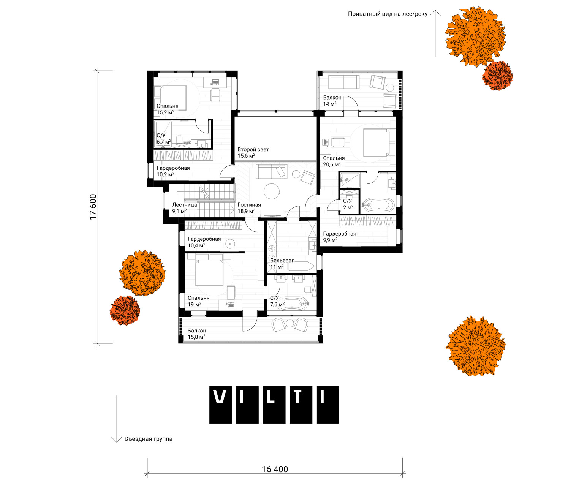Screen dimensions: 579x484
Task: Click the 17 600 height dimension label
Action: point(93,207)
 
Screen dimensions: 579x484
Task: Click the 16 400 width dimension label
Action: point(275,469)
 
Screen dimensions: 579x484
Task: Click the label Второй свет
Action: point(253,150)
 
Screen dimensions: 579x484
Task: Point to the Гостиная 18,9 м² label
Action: point(249,208)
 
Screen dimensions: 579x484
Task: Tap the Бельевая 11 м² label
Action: point(282,264)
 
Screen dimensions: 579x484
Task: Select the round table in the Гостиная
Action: point(272,191)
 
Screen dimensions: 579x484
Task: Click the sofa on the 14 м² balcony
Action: point(343,82)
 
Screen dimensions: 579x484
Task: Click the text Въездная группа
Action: point(148,439)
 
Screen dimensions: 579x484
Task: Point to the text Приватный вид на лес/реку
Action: point(388,14)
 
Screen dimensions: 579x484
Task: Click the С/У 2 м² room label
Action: point(348,204)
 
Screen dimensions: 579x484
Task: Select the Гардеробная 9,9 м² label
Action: point(339,237)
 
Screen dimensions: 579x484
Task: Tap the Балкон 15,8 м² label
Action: point(196,334)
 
